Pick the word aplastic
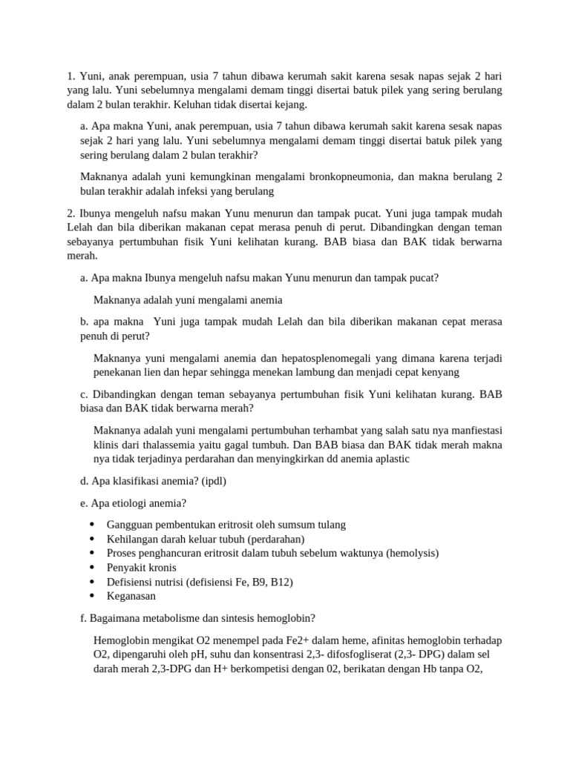click(385, 459)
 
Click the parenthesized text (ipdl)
click(210, 480)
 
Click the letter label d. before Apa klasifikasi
click(84, 480)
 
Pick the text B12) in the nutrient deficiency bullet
click(279, 582)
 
